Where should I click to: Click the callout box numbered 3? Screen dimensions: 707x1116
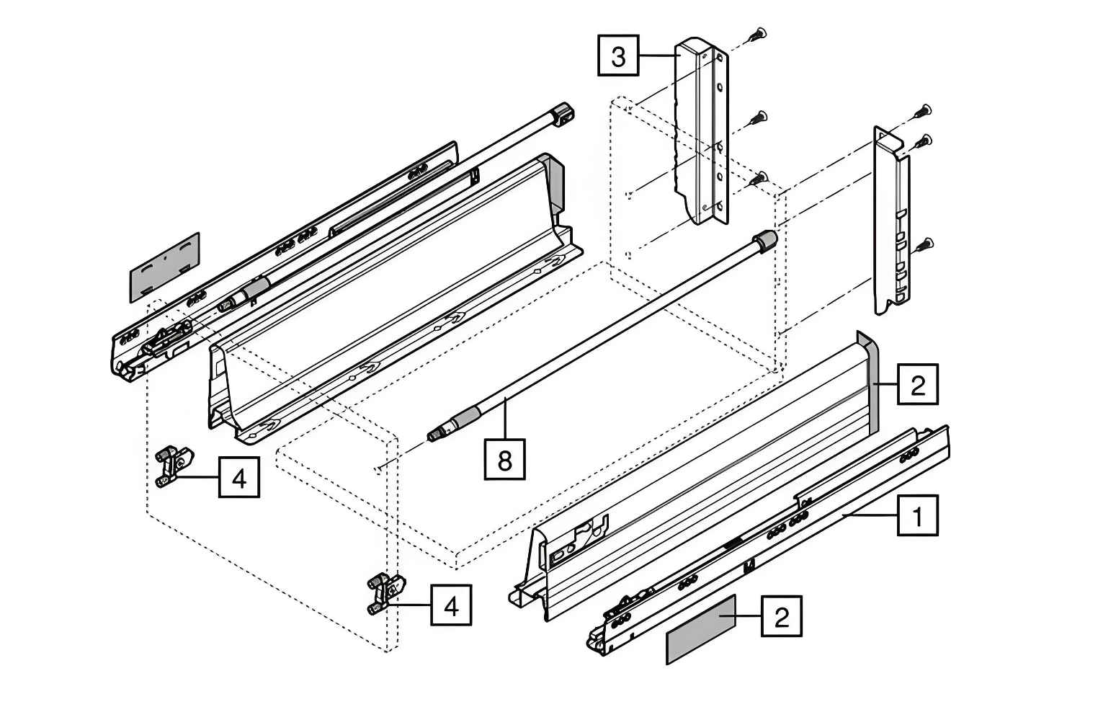pyautogui.click(x=618, y=55)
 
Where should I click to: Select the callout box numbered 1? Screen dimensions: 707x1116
pyautogui.click(x=917, y=516)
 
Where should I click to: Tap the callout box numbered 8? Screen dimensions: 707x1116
pyautogui.click(x=504, y=459)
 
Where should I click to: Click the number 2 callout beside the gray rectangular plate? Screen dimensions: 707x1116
pyautogui.click(x=782, y=616)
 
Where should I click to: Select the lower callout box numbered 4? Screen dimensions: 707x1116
pyautogui.click(x=451, y=605)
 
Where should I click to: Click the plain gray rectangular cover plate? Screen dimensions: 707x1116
pyautogui.click(x=700, y=629)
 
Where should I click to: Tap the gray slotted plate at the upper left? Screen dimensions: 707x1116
pyautogui.click(x=164, y=267)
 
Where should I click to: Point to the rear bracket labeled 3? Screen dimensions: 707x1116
pyautogui.click(x=700, y=130)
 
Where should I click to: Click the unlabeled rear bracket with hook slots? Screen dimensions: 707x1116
pyautogui.click(x=892, y=223)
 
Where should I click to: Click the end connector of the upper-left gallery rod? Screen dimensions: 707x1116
pyautogui.click(x=563, y=115)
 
